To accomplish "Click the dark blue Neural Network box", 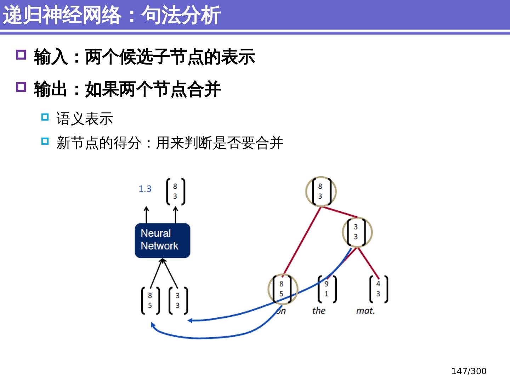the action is (x=162, y=240).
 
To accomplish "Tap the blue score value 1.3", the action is (x=145, y=189).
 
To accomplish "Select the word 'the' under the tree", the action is (x=319, y=311).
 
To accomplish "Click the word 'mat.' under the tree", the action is (x=365, y=311).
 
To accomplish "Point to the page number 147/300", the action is (x=469, y=371).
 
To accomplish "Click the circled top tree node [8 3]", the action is (x=321, y=191).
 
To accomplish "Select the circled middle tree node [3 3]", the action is (x=357, y=232).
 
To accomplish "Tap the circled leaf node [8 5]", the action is (x=282, y=289).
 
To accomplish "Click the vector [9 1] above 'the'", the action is (x=327, y=289).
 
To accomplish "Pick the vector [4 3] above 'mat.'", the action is (x=378, y=289).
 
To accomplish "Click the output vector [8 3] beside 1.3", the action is (x=175, y=191).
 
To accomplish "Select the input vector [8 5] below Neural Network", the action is (x=150, y=301).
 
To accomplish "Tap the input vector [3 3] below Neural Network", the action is (x=178, y=301).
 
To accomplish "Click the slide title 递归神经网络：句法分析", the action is (x=112, y=15).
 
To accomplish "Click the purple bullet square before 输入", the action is (x=21, y=55).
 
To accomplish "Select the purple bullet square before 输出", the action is (x=21, y=87).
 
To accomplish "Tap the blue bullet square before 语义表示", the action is (x=45, y=117).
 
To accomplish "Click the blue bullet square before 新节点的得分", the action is (x=45, y=141).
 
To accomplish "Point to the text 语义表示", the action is (x=85, y=119).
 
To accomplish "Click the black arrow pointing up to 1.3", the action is (x=146, y=214).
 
